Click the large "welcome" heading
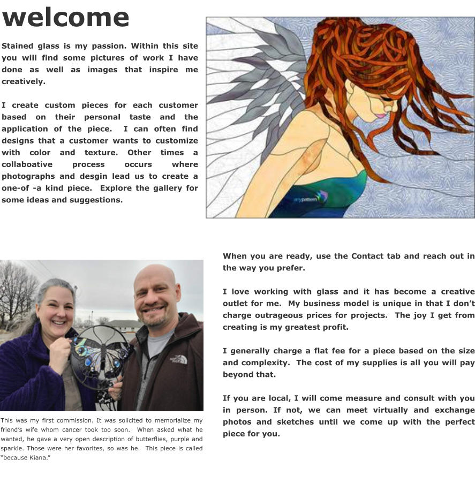click(65, 18)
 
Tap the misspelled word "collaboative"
click(27, 164)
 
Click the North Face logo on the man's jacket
click(178, 359)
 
